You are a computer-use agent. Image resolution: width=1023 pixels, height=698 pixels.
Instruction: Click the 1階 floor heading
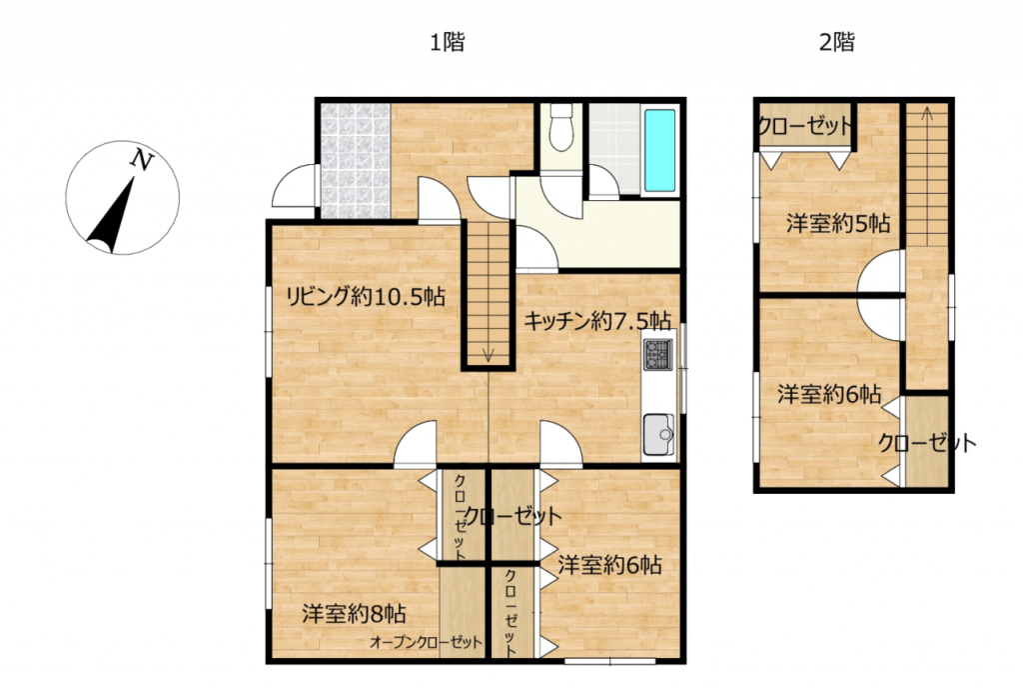(x=448, y=42)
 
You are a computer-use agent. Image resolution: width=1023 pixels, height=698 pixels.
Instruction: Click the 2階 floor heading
(x=836, y=42)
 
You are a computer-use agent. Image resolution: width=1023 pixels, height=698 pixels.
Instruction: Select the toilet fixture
(x=560, y=128)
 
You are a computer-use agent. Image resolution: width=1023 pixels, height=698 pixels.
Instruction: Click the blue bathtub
(x=659, y=150)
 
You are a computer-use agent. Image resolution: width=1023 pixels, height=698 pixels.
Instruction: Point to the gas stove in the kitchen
(x=657, y=355)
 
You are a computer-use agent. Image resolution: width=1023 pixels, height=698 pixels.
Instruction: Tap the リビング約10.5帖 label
(x=366, y=298)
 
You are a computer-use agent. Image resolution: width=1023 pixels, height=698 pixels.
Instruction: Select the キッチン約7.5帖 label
(x=597, y=321)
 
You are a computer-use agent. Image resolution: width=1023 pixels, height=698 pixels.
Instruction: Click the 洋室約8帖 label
(x=355, y=614)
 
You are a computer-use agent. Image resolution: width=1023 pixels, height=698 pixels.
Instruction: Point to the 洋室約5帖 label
(x=838, y=224)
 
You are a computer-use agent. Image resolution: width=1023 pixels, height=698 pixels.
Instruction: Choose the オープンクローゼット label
(x=426, y=642)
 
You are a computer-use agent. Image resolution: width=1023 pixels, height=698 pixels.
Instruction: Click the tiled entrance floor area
(x=356, y=161)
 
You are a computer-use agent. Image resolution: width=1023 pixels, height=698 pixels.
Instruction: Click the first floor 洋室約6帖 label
(x=610, y=565)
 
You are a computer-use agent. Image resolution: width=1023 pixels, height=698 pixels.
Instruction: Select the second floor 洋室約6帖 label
(x=829, y=394)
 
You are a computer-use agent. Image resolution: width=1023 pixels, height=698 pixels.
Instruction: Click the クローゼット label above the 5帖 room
(x=805, y=125)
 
